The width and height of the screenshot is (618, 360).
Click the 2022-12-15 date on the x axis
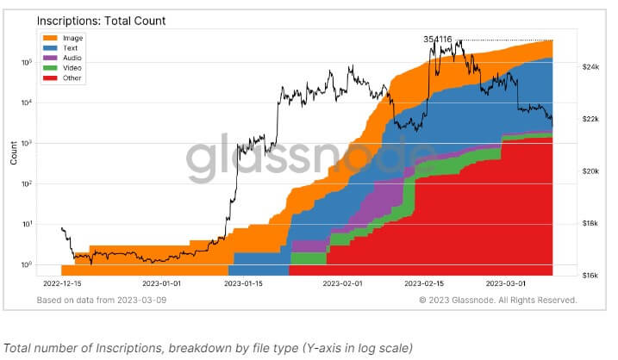coord(61,283)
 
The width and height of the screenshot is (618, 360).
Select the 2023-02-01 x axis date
coord(344,283)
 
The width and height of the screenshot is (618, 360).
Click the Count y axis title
coord(13,153)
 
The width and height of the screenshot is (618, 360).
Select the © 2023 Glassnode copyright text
coord(498,301)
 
